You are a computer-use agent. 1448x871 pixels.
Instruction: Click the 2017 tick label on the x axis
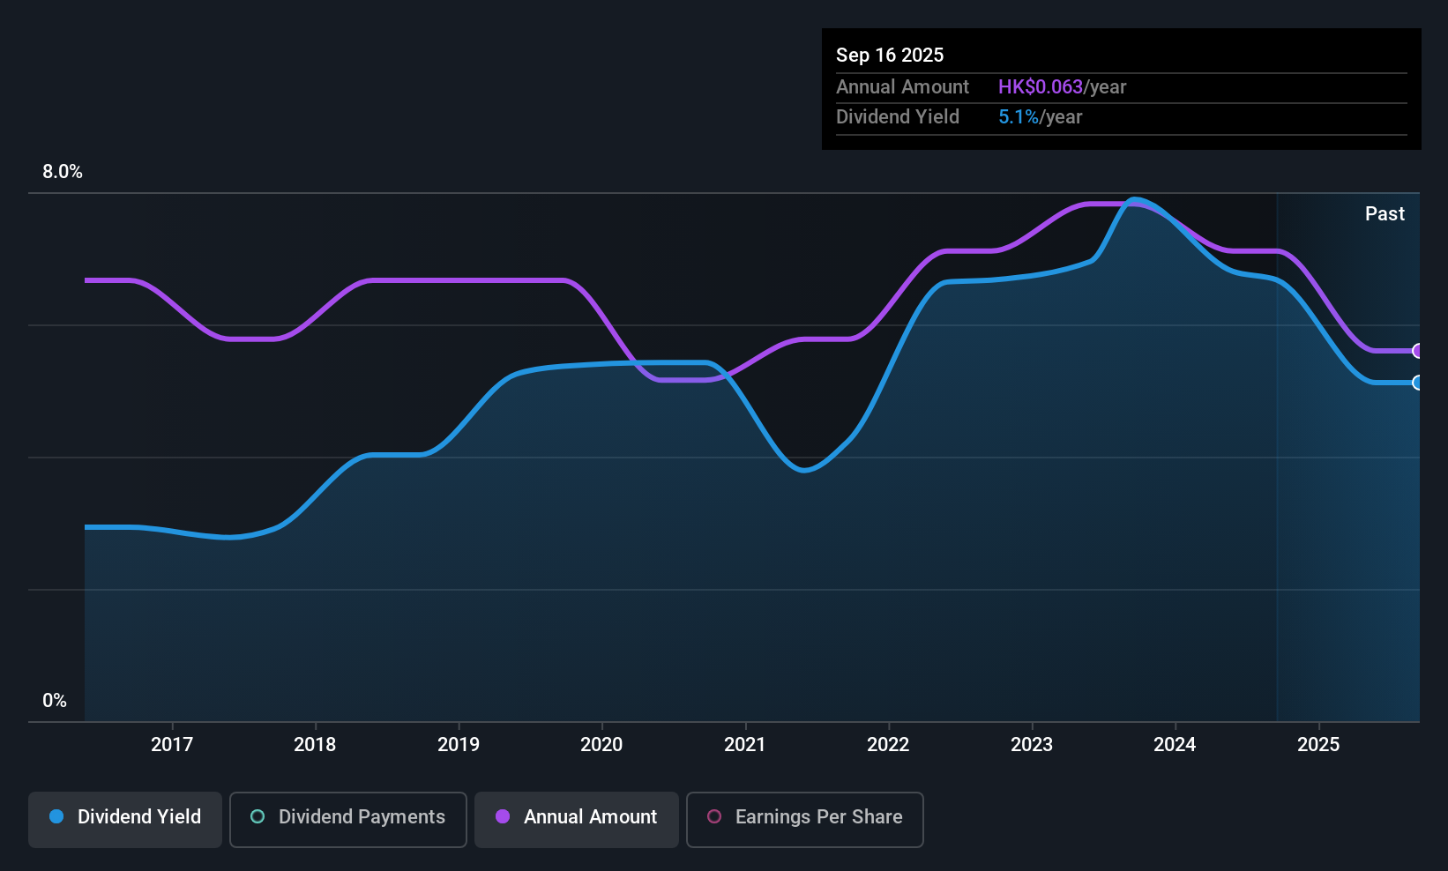[171, 744]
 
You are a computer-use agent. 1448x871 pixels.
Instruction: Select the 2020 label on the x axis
[601, 744]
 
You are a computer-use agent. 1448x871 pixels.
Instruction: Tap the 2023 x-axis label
[1032, 744]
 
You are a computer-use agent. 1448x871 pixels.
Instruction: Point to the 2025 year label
[1318, 744]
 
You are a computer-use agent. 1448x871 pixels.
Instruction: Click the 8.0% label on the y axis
[63, 172]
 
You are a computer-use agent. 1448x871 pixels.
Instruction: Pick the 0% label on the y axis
[55, 701]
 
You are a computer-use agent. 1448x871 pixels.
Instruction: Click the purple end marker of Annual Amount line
[1417, 351]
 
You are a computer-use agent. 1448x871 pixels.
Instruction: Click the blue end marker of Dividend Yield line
[1417, 383]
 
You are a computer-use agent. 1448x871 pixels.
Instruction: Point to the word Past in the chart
[1385, 214]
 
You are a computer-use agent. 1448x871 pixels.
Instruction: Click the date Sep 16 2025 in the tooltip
[890, 56]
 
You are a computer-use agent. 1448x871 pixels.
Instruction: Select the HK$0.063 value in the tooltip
[1040, 87]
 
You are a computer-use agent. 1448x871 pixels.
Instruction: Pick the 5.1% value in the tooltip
[1018, 117]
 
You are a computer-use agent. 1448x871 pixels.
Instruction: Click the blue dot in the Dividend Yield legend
[56, 816]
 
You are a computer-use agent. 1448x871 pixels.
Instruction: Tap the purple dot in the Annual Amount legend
[503, 816]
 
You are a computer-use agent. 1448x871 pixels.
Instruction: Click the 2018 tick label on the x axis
[315, 744]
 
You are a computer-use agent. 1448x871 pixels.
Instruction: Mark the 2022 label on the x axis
[888, 744]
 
